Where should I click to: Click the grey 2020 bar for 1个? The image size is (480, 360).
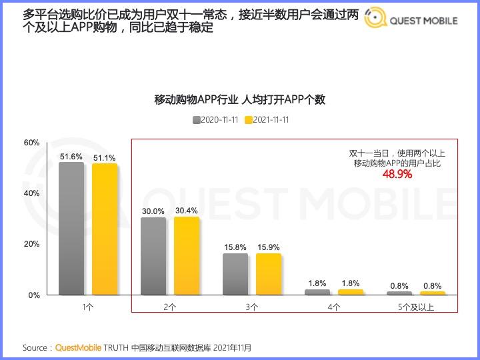pyautogui.click(x=71, y=228)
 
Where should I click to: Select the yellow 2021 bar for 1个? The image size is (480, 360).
pyautogui.click(x=105, y=229)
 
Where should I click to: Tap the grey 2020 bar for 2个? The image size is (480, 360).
pyautogui.click(x=153, y=255)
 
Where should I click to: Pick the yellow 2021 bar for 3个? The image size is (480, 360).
pyautogui.click(x=269, y=273)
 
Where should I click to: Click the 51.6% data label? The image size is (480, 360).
pyautogui.click(x=71, y=157)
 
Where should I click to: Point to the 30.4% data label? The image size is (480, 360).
pyautogui.click(x=187, y=211)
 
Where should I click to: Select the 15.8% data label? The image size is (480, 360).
pyautogui.click(x=235, y=247)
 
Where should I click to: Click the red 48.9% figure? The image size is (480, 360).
pyautogui.click(x=397, y=175)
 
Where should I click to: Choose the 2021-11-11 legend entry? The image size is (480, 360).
pyautogui.click(x=267, y=120)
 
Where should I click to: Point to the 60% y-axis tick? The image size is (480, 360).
pyautogui.click(x=32, y=143)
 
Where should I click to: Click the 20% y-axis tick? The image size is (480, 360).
pyautogui.click(x=32, y=244)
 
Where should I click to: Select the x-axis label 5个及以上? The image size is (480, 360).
pyautogui.click(x=416, y=307)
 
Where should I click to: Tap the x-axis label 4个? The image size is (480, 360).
pyautogui.click(x=334, y=307)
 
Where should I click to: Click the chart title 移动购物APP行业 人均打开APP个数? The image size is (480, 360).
pyautogui.click(x=240, y=100)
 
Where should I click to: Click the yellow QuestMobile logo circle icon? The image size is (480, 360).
pyautogui.click(x=376, y=20)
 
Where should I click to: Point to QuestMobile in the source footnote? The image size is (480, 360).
pyautogui.click(x=78, y=348)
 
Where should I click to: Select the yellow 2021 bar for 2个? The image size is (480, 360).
pyautogui.click(x=187, y=255)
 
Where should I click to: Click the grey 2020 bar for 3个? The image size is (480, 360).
pyautogui.click(x=235, y=273)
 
